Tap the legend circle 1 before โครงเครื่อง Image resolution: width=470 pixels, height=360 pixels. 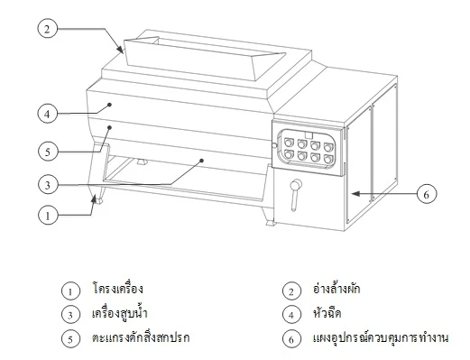click(x=68, y=291)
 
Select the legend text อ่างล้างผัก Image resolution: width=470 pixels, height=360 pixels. click(x=336, y=290)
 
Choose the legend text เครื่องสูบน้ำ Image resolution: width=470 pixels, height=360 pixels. click(x=118, y=314)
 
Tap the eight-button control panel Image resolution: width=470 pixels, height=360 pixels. click(x=309, y=148)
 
